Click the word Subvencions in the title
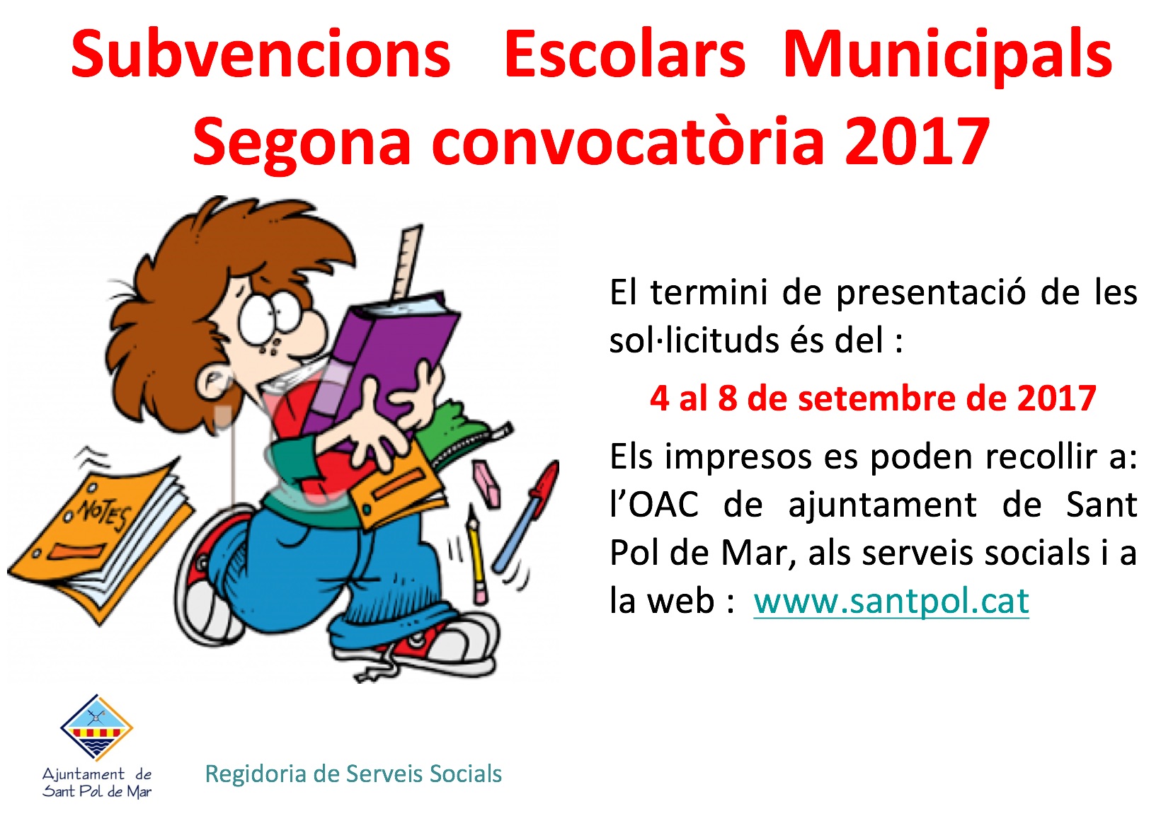tap(261, 54)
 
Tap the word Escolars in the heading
tap(624, 54)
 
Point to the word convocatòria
tap(628, 142)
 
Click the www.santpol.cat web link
tap(891, 602)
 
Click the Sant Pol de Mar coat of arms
tap(96, 728)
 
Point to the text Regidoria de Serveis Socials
tap(353, 774)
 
